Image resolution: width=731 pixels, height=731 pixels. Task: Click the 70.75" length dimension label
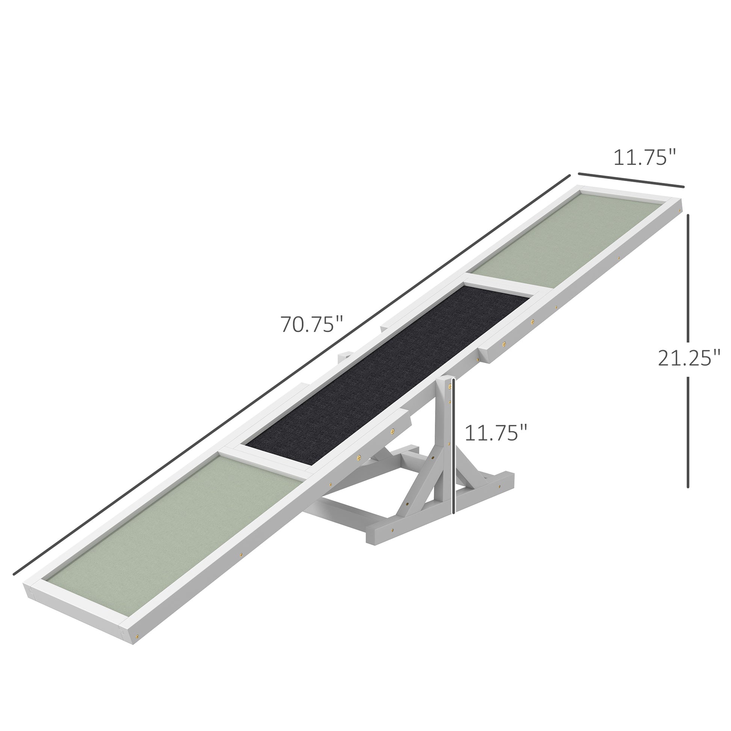pos(311,324)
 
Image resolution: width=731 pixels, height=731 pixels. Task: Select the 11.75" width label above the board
pos(644,157)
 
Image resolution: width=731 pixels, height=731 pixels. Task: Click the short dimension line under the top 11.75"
pos(631,180)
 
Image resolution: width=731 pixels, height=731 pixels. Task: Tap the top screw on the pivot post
pos(450,385)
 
